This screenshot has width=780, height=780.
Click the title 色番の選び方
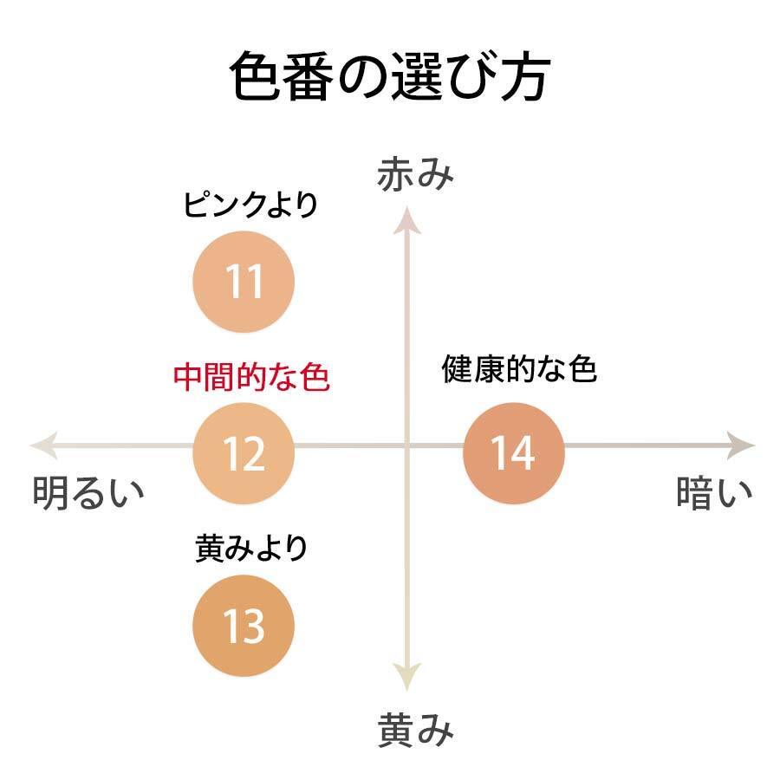pyautogui.click(x=390, y=76)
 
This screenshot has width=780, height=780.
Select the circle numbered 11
pyautogui.click(x=244, y=282)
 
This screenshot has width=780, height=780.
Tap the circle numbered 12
pyautogui.click(x=244, y=453)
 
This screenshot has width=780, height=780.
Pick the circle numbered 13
pyautogui.click(x=244, y=625)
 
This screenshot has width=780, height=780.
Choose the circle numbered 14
pyautogui.click(x=514, y=453)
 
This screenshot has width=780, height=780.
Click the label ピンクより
pyautogui.click(x=250, y=204)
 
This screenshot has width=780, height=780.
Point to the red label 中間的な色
pyautogui.click(x=251, y=377)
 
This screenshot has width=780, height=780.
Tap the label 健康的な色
pyautogui.click(x=519, y=368)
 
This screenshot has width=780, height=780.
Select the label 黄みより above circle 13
pyautogui.click(x=250, y=549)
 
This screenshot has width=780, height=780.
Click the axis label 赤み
pyautogui.click(x=415, y=173)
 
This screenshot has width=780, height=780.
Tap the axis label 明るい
pyautogui.click(x=88, y=492)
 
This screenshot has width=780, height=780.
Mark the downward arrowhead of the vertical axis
pyautogui.click(x=407, y=678)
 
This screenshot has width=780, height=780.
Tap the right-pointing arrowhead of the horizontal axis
pyautogui.click(x=742, y=445)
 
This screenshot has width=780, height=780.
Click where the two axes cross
pyautogui.click(x=407, y=445)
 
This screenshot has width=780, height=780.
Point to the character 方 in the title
pyautogui.click(x=525, y=76)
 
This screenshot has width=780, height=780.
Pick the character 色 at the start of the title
pyautogui.click(x=255, y=76)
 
